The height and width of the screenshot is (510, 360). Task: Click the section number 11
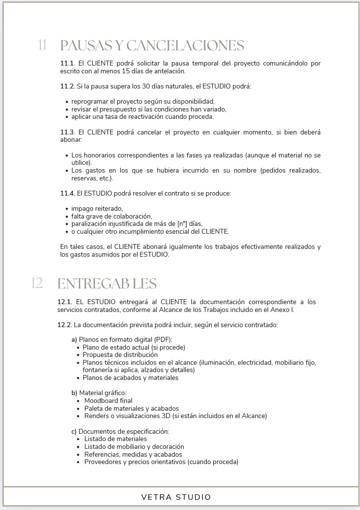click(42, 45)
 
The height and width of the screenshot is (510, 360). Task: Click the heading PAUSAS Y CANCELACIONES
click(152, 45)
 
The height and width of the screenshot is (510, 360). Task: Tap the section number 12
click(37, 283)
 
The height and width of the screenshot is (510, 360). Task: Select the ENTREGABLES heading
click(107, 284)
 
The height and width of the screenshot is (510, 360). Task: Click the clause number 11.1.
click(67, 64)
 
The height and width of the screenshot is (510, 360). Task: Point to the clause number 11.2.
click(67, 87)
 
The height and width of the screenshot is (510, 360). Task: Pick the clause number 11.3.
click(67, 132)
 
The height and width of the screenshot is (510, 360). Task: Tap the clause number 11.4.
click(67, 193)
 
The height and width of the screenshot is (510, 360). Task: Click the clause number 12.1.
click(65, 302)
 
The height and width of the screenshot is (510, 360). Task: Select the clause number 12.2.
click(65, 325)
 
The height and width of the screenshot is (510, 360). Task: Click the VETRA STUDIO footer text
click(176, 497)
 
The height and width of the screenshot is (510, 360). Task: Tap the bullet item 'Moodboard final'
click(108, 400)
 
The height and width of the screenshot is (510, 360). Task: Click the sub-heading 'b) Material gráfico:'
click(99, 393)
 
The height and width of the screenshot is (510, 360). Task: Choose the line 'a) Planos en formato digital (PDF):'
click(122, 339)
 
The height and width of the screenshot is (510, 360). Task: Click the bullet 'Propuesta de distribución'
click(120, 355)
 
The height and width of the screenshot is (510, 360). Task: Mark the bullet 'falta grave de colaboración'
click(112, 216)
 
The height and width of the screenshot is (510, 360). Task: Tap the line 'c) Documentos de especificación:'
click(120, 431)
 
